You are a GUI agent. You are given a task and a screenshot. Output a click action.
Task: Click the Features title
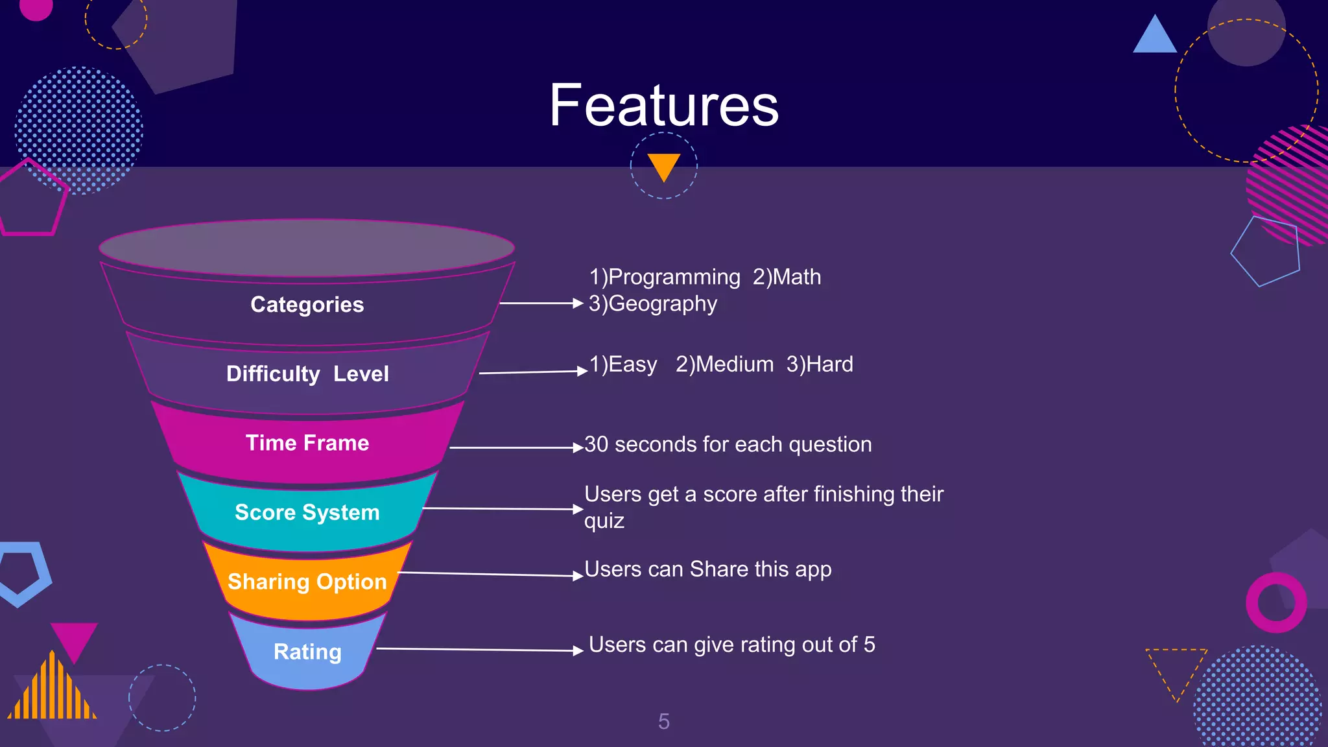coord(663,105)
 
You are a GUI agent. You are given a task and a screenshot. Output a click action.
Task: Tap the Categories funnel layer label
coord(307,305)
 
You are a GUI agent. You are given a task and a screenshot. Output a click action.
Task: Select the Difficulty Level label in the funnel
coord(307,374)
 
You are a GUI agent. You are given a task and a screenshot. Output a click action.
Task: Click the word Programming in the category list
coord(674,278)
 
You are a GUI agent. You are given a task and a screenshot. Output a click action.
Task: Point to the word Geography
coord(663,304)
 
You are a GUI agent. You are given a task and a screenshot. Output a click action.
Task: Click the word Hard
coord(829,364)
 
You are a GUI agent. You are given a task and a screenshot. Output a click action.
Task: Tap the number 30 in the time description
coord(596,445)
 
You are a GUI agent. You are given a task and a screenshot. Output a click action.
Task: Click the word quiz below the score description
coord(604,521)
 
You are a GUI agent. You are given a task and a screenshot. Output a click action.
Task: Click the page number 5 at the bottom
coord(663,721)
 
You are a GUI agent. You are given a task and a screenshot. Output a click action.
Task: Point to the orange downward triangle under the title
coord(663,165)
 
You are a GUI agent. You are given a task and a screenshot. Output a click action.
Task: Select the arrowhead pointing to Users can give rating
coord(578,650)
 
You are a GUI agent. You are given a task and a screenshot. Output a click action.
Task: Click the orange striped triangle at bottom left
coord(52,691)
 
